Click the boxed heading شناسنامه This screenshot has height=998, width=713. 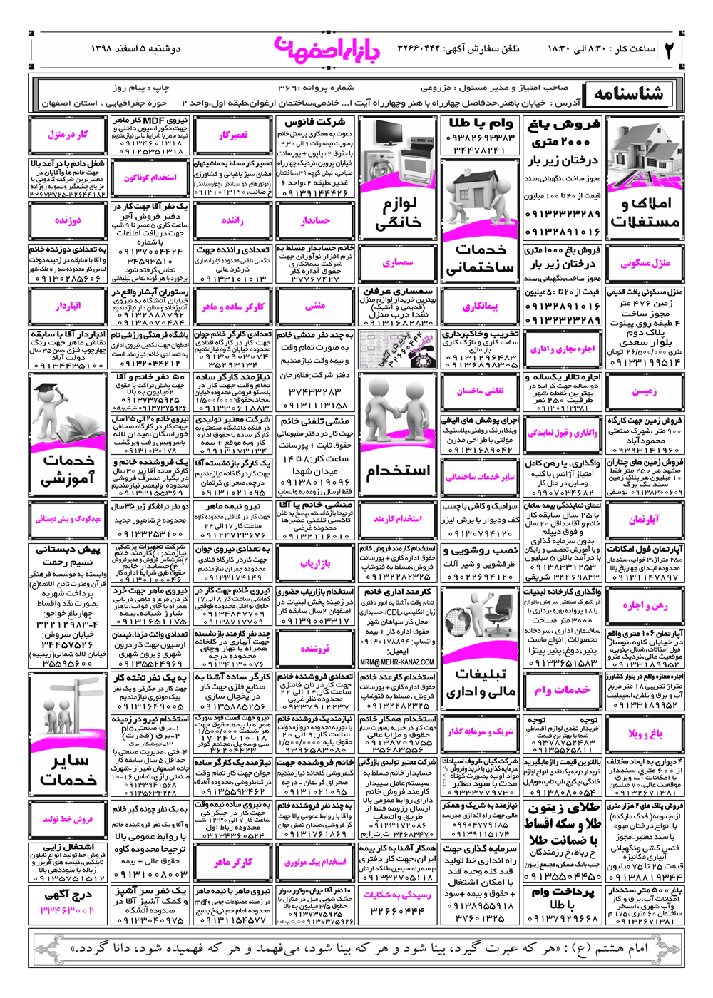(x=628, y=94)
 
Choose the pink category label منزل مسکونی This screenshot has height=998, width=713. (x=645, y=263)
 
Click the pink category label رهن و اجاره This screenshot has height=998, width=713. (x=645, y=605)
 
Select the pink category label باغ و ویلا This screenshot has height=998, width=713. (x=645, y=732)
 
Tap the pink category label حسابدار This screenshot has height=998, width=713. (x=315, y=221)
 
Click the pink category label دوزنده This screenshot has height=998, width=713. (x=68, y=221)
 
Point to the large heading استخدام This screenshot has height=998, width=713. (x=398, y=471)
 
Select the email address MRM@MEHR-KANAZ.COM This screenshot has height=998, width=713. (x=397, y=662)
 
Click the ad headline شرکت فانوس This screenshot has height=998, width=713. (x=315, y=123)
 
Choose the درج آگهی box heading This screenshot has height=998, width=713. (x=68, y=895)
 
